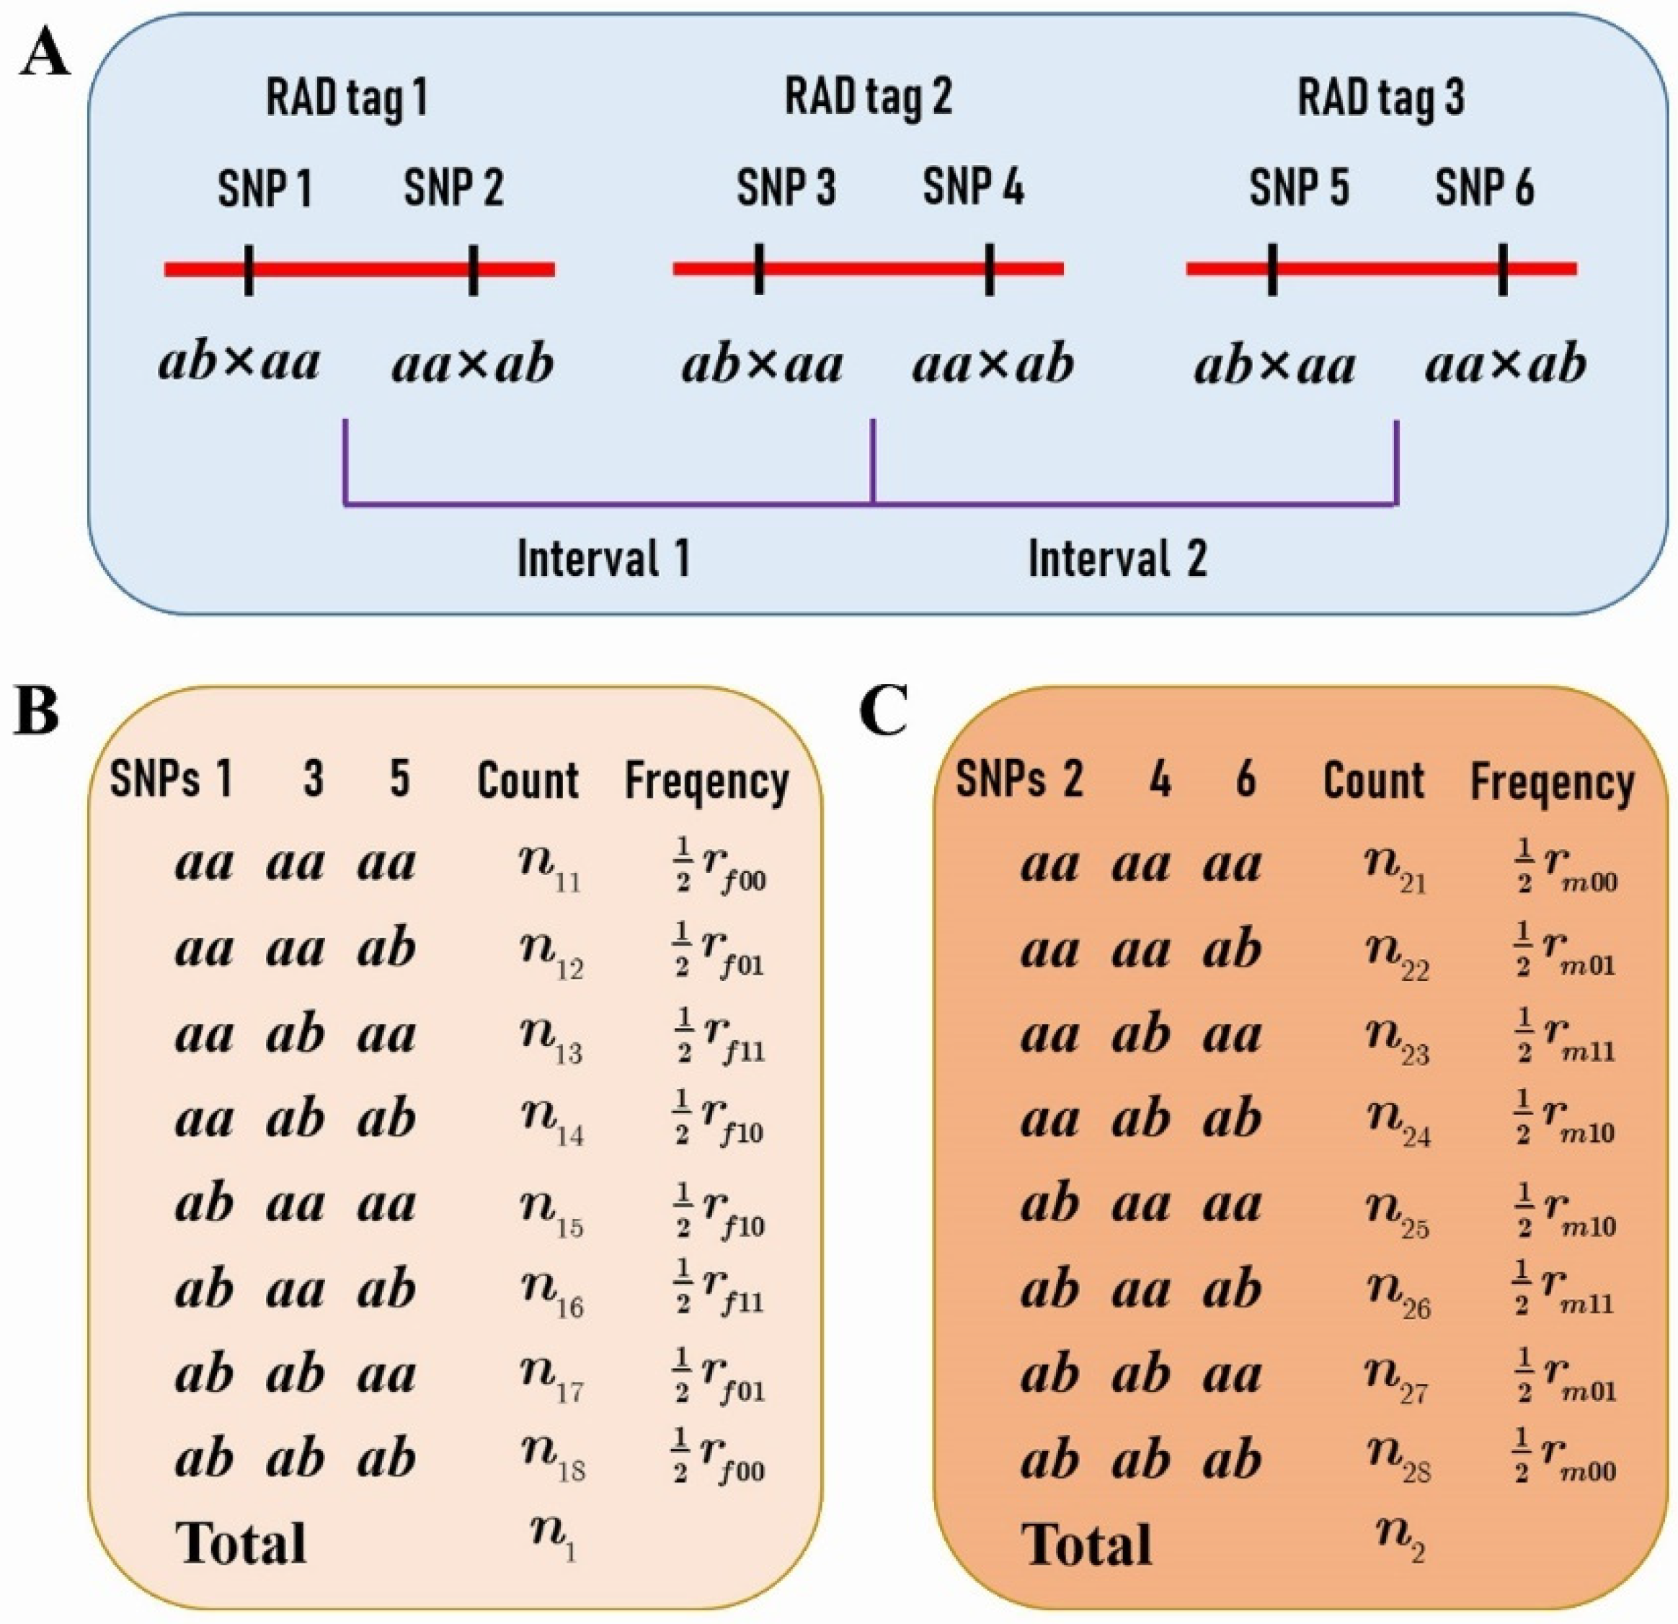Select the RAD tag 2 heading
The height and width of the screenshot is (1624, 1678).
tap(868, 96)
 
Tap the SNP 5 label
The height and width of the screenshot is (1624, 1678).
tap(1299, 187)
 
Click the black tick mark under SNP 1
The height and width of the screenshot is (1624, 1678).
tap(248, 270)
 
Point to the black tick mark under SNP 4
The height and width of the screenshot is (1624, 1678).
tap(990, 270)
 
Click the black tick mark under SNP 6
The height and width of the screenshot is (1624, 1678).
tap(1503, 270)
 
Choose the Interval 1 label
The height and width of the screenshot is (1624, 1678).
tap(603, 558)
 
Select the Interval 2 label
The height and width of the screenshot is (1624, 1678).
tap(1117, 558)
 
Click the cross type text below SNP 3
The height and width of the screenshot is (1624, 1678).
tap(762, 365)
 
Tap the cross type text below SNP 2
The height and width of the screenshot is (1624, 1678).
tap(473, 365)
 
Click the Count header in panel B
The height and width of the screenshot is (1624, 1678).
tap(528, 781)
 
